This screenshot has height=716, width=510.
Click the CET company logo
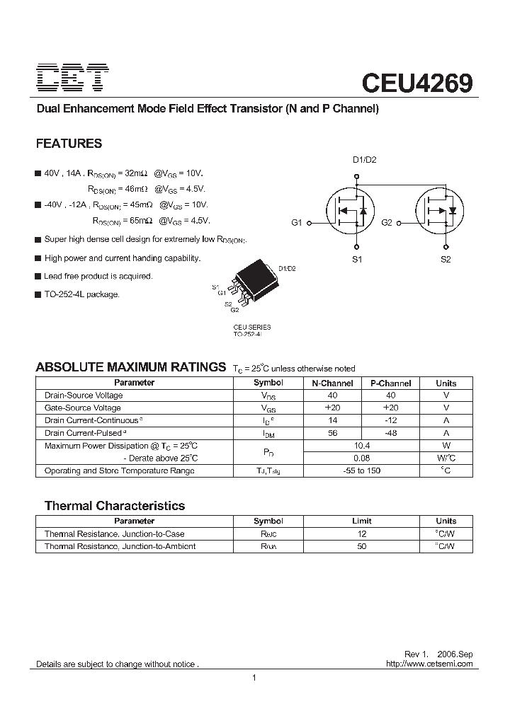[x=72, y=78]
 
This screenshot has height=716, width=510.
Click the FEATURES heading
[x=69, y=144]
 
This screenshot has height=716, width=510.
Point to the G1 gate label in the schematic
[x=297, y=223]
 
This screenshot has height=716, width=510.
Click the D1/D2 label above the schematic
[x=364, y=160]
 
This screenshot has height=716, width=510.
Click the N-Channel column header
[x=331, y=383]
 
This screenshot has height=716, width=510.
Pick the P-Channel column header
[x=391, y=383]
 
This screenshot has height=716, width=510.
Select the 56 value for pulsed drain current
[x=331, y=433]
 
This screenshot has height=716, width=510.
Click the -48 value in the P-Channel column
[x=391, y=433]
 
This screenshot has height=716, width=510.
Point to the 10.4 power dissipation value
[x=362, y=446]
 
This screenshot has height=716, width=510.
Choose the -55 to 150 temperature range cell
[x=362, y=471]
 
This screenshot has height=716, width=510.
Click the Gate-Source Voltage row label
[x=82, y=408]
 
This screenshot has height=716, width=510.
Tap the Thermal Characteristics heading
[x=115, y=506]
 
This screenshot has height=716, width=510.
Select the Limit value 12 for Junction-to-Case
[x=362, y=534]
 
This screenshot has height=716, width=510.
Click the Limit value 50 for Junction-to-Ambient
[x=362, y=547]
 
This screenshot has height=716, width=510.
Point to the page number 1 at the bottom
[x=254, y=679]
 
